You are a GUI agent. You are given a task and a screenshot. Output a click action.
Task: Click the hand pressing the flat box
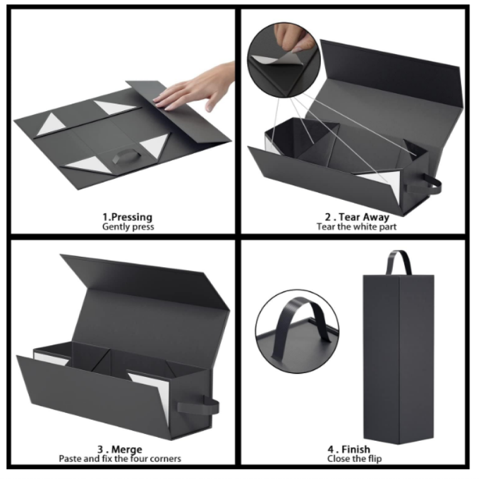tap(196, 87)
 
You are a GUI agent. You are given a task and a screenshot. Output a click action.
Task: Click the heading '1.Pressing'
tap(127, 217)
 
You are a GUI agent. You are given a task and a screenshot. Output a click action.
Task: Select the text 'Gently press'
tap(128, 227)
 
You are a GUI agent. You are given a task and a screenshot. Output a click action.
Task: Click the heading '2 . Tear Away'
tap(357, 217)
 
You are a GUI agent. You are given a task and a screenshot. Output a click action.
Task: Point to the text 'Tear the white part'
tap(356, 227)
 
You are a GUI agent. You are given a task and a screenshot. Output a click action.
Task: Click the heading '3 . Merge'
tap(120, 450)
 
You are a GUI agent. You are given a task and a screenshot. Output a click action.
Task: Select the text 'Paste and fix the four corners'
tap(120, 459)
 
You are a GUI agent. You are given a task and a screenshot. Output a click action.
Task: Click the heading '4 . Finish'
tap(349, 450)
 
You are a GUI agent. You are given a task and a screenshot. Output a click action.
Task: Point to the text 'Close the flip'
tap(354, 459)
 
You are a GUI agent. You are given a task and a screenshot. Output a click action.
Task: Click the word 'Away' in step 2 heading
tap(375, 218)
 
